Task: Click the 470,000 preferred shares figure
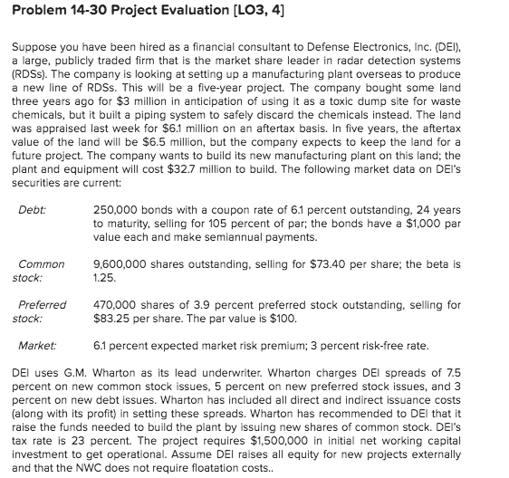pos(115,305)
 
